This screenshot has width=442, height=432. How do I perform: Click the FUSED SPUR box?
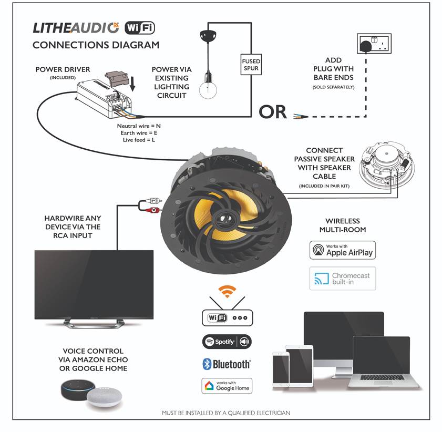coord(251,65)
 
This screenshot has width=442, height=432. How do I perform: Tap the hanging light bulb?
coord(207,88)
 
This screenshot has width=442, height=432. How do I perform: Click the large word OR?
coord(273,111)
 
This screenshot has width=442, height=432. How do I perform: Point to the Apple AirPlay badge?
coord(343,250)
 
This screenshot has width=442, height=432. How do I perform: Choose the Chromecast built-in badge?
coord(343,279)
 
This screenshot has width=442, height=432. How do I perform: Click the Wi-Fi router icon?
coord(227,317)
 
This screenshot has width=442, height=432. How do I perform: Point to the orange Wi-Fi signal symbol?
coord(227,291)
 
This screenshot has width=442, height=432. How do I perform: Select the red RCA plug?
coord(150,210)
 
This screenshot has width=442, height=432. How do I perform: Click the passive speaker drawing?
coord(386,165)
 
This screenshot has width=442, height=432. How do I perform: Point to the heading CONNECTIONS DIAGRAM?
coord(96,45)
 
